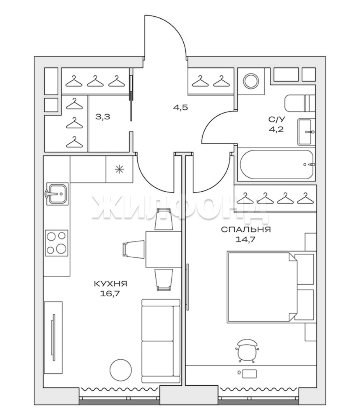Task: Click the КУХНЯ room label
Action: [111, 283]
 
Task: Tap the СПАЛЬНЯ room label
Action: [246, 229]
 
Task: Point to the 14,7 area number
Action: [245, 240]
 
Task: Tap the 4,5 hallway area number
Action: [180, 108]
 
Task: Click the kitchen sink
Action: [57, 193]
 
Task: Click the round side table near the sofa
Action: [121, 369]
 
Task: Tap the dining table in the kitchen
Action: [163, 249]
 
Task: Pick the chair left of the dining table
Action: [134, 249]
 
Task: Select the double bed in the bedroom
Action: [271, 286]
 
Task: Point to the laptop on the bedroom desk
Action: [249, 373]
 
